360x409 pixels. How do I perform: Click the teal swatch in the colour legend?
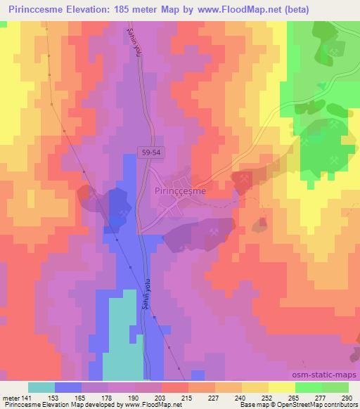click(41, 387)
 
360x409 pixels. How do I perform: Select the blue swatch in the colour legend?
click(68, 387)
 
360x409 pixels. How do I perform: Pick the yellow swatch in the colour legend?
click(282, 387)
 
